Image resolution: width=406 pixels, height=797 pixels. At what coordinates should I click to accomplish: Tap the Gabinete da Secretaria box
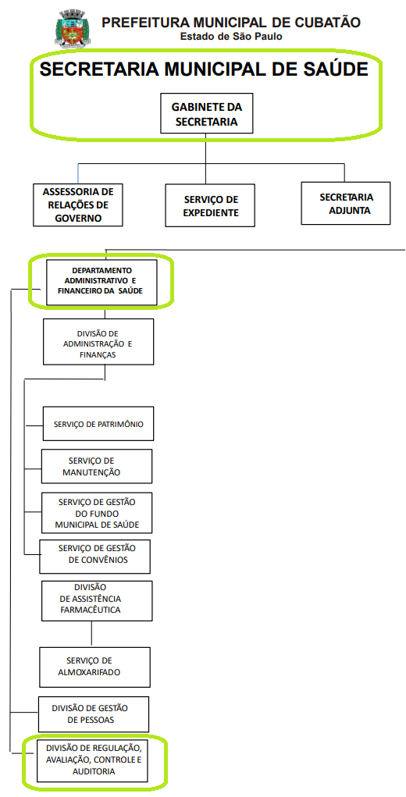[206, 113]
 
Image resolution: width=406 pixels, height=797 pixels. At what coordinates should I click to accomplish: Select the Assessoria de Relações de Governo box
[78, 205]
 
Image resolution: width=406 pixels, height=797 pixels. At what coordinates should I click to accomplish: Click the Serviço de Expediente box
[210, 205]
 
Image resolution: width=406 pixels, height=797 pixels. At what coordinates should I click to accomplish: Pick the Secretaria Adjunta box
[346, 203]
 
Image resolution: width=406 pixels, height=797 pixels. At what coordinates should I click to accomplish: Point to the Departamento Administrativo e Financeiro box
[101, 283]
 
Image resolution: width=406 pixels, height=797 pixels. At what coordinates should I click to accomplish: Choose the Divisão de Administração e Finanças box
[98, 342]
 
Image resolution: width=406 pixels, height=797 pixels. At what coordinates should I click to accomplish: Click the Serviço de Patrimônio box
[98, 423]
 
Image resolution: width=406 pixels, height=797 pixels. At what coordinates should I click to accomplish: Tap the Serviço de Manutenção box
[97, 466]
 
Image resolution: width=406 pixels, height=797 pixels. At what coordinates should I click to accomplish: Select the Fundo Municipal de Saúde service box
[97, 513]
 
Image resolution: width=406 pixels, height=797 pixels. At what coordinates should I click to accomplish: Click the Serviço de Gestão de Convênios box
[95, 557]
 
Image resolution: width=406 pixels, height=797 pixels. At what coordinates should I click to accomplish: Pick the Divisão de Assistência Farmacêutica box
[97, 601]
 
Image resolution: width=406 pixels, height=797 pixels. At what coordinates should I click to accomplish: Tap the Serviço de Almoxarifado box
[95, 667]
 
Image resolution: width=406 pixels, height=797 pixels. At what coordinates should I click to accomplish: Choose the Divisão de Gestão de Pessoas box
[94, 714]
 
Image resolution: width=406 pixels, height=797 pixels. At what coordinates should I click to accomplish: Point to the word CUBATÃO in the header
[325, 23]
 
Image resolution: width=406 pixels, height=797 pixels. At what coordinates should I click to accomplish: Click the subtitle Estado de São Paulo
[231, 37]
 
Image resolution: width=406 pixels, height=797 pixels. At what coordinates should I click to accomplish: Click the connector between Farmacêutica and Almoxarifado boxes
[91, 634]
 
